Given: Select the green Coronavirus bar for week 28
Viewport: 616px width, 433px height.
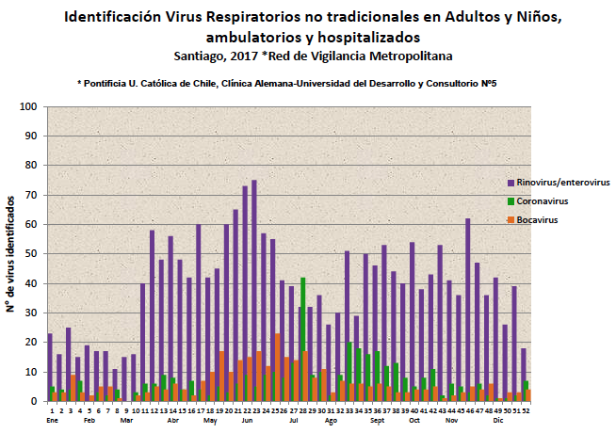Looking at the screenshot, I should tap(303, 339).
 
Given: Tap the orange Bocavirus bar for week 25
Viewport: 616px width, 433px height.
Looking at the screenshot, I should tap(278, 367).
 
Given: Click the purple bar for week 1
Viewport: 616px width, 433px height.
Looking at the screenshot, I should tap(50, 367).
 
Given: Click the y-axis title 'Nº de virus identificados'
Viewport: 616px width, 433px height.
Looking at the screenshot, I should tap(11, 254).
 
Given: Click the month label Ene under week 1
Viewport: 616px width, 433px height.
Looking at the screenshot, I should tap(52, 421).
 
